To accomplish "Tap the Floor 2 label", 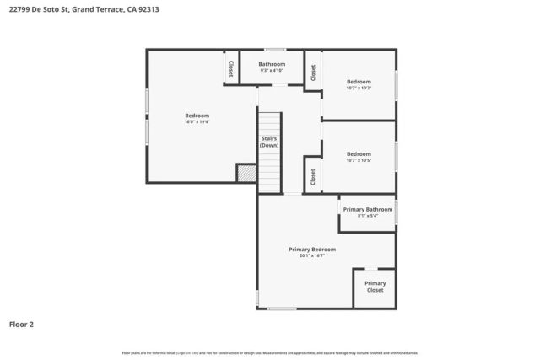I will [22, 324].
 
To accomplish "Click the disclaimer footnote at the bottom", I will [270, 353].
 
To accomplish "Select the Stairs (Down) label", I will [269, 142].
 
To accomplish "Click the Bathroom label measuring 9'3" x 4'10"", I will [272, 64].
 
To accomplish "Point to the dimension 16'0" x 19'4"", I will [197, 122].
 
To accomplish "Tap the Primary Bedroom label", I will [312, 250].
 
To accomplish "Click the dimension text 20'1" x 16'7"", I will [312, 255].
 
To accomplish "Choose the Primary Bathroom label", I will [367, 209].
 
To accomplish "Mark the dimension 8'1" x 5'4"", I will [367, 215].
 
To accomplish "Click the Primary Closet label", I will [375, 287].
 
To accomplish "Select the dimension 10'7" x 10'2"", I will [359, 88].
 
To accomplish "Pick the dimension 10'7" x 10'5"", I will [359, 160].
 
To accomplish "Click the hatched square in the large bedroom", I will [246, 173].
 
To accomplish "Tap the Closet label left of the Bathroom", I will [230, 67].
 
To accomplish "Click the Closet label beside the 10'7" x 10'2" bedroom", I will [312, 73].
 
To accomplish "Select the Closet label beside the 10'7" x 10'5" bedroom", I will [312, 176].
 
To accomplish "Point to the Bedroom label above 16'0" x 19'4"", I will [197, 116].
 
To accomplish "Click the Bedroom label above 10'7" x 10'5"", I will [359, 153].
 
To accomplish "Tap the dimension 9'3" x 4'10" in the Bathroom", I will [272, 70].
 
